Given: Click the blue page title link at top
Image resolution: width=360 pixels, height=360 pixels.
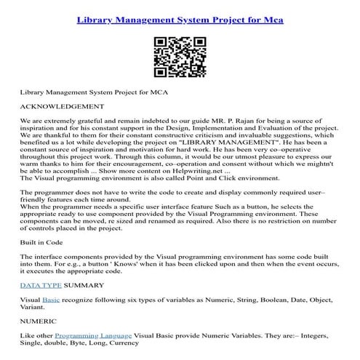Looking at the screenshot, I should click(x=180, y=18).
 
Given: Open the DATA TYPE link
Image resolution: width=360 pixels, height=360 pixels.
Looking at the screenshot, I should click(x=41, y=285).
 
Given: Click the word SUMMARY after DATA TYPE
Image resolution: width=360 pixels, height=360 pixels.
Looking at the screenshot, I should click(x=88, y=285).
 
